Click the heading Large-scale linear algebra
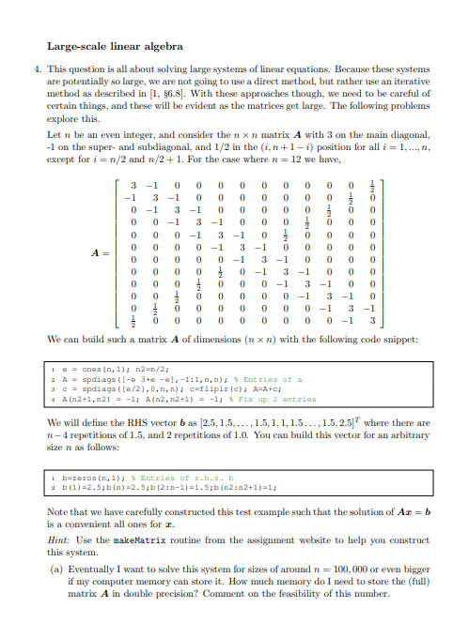tap(115, 45)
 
